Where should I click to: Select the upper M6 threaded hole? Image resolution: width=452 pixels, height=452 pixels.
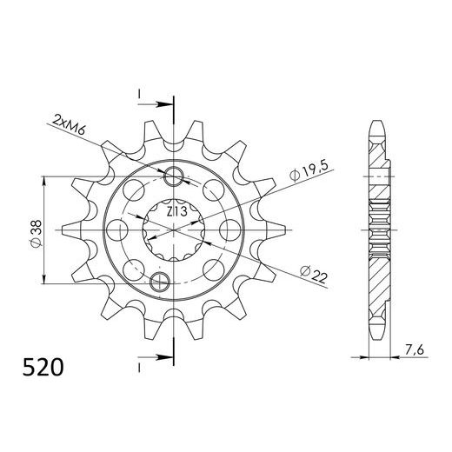pyautogui.click(x=175, y=179)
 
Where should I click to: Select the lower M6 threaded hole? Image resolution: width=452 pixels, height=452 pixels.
pyautogui.click(x=160, y=280)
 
